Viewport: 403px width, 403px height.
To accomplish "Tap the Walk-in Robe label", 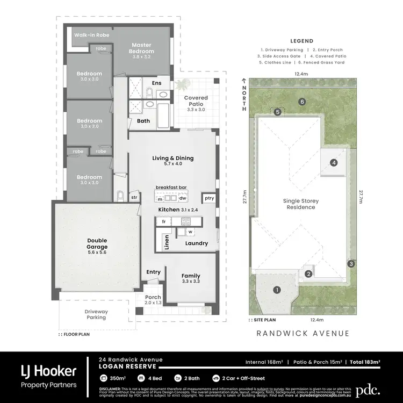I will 92,35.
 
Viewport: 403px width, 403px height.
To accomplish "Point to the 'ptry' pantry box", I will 209,198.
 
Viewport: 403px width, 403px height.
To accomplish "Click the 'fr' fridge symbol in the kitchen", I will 163,221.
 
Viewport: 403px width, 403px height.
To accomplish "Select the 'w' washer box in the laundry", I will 190,232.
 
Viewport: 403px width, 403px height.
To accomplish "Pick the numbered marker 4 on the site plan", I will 334,162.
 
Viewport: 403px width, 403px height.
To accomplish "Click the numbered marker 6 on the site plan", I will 303,102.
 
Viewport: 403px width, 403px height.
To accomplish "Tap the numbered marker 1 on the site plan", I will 277,290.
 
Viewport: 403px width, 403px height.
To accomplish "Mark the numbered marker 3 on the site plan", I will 350,263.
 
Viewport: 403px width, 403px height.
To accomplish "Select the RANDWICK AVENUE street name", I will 303,334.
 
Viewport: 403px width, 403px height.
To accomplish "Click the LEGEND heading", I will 301,41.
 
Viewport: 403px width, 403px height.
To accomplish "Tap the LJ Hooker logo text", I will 48,371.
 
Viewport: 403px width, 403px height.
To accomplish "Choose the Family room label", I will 191,278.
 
